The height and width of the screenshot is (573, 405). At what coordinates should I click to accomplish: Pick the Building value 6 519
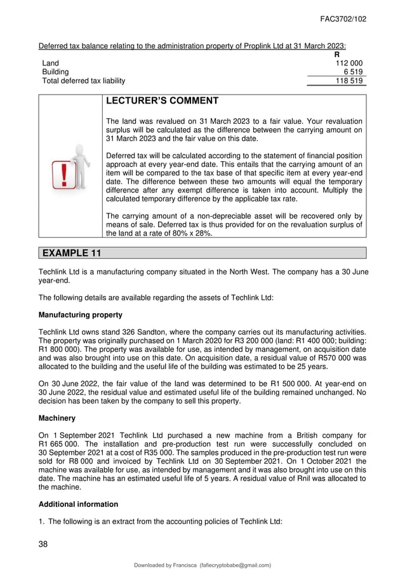(353, 72)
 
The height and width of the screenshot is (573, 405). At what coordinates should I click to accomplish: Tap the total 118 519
(349, 81)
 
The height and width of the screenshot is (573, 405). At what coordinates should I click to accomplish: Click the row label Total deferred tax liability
(83, 81)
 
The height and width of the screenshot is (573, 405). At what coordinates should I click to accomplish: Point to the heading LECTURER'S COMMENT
(162, 101)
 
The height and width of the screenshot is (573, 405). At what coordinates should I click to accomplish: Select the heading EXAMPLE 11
(72, 253)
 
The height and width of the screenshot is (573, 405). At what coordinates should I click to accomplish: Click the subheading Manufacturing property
(81, 314)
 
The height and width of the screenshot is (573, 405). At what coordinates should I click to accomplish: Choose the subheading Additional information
(79, 504)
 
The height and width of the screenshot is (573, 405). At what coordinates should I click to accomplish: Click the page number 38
(44, 544)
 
